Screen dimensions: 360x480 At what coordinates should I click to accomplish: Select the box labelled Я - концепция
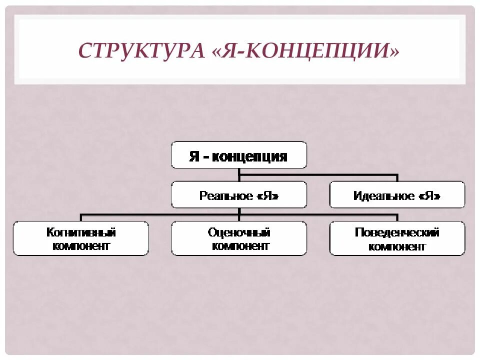coord(238,155)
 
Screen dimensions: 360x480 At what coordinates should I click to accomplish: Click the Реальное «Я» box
coord(238,195)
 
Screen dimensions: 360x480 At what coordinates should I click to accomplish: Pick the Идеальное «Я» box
coord(397,195)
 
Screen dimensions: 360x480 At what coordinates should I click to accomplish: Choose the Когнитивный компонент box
coord(81,239)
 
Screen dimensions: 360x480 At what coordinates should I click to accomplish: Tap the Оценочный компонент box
coord(238,239)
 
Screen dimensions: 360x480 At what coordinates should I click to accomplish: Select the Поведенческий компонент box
coord(397,239)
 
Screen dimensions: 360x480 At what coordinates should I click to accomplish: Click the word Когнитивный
coord(81,232)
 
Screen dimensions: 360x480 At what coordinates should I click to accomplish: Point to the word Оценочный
coord(239,232)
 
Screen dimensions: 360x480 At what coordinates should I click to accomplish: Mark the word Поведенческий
coord(397,232)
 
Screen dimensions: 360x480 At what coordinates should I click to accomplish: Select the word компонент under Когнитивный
coord(81,246)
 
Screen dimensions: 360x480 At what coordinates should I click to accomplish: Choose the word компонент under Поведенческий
coord(397,246)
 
